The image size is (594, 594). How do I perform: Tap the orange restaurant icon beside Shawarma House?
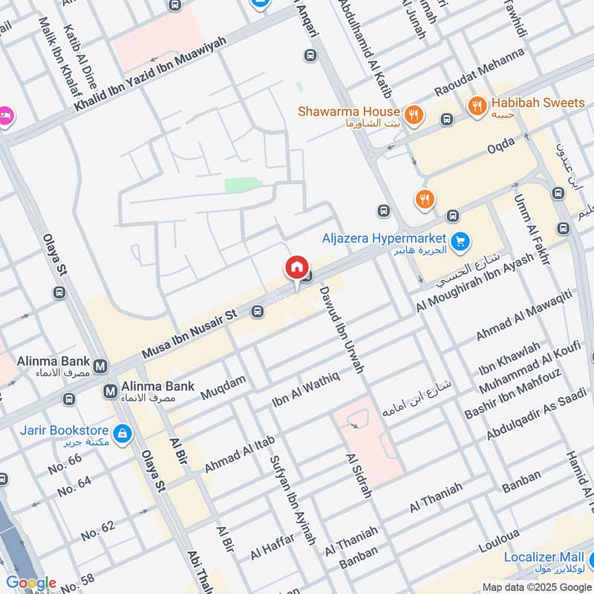tap(414, 114)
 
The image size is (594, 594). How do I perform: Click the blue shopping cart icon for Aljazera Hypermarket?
tap(460, 240)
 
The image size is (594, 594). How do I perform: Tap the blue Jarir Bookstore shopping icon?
tap(122, 431)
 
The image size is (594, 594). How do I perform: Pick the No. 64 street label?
tap(74, 486)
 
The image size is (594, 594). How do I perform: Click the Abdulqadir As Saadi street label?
tap(535, 418)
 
